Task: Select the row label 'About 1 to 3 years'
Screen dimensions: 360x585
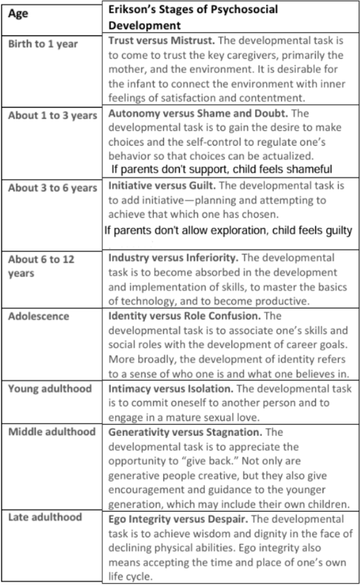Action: coord(52,115)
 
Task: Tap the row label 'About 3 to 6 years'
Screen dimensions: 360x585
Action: coord(52,188)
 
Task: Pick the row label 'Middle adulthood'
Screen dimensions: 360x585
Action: coord(51,432)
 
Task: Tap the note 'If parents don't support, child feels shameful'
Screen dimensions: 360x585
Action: coord(222,169)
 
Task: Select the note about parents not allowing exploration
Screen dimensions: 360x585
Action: coord(228,230)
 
